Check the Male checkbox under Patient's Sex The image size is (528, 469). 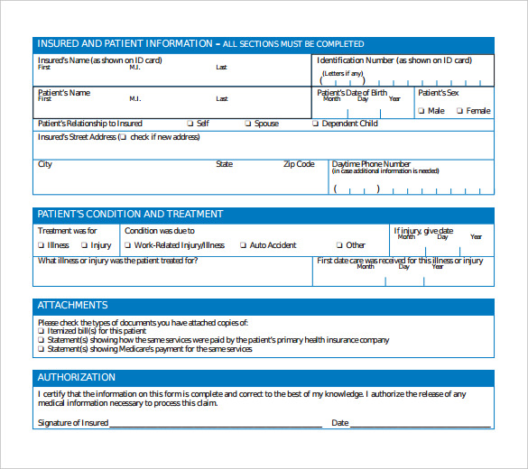421,111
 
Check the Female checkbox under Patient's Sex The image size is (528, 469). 459,111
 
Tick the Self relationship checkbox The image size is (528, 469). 190,124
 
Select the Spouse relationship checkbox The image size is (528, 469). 247,124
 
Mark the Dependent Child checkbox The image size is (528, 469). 317,124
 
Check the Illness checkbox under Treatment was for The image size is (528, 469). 41,244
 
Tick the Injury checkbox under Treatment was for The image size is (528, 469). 84,244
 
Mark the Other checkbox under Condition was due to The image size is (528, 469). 339,244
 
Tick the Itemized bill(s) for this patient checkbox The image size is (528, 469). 41,331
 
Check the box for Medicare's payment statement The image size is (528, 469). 41,349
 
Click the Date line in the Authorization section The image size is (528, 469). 421,423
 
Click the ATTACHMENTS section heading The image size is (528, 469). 72,306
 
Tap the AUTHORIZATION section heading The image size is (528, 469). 77,377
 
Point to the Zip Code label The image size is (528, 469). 299,164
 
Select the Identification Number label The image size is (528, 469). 394,60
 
